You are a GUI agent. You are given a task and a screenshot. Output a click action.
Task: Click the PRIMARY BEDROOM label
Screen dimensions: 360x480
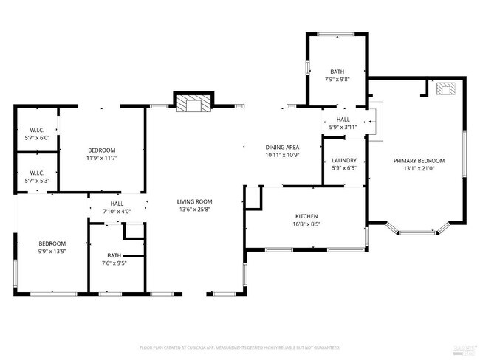tap(419, 160)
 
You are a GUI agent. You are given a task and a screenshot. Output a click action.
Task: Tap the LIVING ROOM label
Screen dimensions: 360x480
tap(194, 201)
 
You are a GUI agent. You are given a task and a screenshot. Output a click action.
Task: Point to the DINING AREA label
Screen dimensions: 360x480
tap(282, 148)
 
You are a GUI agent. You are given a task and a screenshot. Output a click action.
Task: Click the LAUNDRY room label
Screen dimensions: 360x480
tap(344, 160)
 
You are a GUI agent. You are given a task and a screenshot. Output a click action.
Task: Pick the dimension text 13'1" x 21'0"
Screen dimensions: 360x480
tap(419, 168)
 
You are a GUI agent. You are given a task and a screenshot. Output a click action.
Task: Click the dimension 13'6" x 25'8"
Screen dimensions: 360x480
tap(194, 210)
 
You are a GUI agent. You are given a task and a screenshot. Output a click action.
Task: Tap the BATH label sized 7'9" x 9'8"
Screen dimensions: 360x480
tap(337, 71)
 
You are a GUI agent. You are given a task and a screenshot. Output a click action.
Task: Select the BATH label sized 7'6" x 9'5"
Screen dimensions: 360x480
tap(114, 255)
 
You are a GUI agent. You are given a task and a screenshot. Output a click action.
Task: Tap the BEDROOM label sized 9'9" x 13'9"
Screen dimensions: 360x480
tap(52, 243)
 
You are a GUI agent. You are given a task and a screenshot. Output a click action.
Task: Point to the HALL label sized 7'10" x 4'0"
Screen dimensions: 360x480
tap(117, 204)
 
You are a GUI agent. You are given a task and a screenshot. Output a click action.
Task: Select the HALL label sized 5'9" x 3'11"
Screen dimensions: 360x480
tap(343, 120)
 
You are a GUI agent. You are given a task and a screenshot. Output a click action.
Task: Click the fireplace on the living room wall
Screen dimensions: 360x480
tap(193, 103)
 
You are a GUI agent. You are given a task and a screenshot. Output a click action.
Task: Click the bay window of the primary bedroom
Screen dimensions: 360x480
tap(416, 230)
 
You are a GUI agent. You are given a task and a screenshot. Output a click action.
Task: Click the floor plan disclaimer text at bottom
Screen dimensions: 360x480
tap(239, 347)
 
